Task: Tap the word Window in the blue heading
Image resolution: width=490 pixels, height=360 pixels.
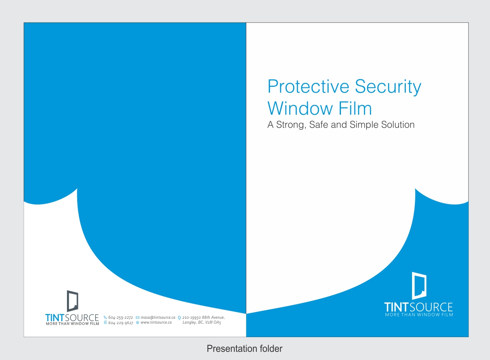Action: pyautogui.click(x=300, y=108)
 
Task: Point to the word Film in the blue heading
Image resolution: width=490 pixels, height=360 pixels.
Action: pyautogui.click(x=355, y=108)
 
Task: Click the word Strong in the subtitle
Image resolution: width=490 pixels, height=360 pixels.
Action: pyautogui.click(x=290, y=125)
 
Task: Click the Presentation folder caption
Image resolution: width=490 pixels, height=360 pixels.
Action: pyautogui.click(x=245, y=349)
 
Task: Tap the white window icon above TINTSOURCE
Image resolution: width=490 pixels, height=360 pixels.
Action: pyautogui.click(x=419, y=285)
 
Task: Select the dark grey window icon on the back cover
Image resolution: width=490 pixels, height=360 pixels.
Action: pyautogui.click(x=72, y=301)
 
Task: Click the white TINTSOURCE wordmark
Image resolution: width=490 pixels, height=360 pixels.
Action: pyautogui.click(x=419, y=307)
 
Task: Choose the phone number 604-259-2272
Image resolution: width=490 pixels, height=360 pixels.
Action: pyautogui.click(x=120, y=318)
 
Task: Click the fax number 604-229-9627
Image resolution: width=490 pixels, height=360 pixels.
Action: pyautogui.click(x=121, y=322)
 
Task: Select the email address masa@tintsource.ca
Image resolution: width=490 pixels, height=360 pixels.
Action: pyautogui.click(x=158, y=318)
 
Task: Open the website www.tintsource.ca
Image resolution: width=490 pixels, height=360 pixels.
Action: pyautogui.click(x=156, y=322)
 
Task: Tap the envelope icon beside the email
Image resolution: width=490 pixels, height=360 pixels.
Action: pyautogui.click(x=138, y=318)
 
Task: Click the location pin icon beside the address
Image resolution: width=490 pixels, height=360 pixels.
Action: pyautogui.click(x=179, y=318)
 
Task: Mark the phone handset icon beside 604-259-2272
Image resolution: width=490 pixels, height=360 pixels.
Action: pyautogui.click(x=105, y=318)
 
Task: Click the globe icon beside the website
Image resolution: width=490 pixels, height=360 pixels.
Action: pyautogui.click(x=138, y=322)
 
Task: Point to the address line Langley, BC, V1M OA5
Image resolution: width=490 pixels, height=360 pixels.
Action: pyautogui.click(x=202, y=322)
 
